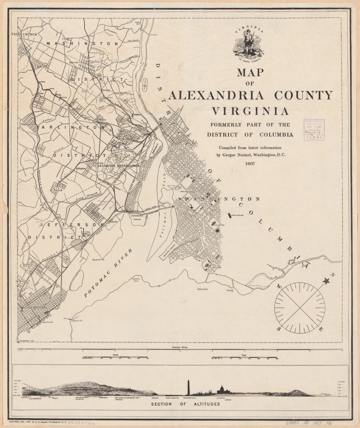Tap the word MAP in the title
tap(250, 72)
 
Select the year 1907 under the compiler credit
tap(250, 163)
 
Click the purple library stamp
tap(314, 130)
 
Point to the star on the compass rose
tap(326, 281)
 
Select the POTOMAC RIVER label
tap(108, 273)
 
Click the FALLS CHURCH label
tap(24, 34)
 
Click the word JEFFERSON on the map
tap(71, 225)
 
